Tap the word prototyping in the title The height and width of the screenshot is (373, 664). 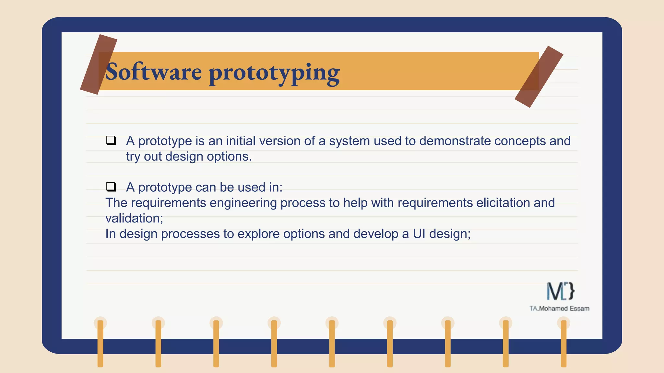274,73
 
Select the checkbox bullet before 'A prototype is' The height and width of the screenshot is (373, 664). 111,141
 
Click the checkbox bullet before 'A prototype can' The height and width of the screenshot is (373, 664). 111,187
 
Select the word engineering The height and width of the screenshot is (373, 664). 243,203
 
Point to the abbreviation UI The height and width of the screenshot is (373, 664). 419,234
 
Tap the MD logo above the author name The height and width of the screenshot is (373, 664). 560,291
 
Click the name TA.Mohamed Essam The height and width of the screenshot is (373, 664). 559,309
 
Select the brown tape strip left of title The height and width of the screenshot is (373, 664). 98,64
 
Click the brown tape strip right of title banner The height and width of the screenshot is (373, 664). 539,77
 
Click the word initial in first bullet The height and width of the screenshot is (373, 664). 241,141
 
